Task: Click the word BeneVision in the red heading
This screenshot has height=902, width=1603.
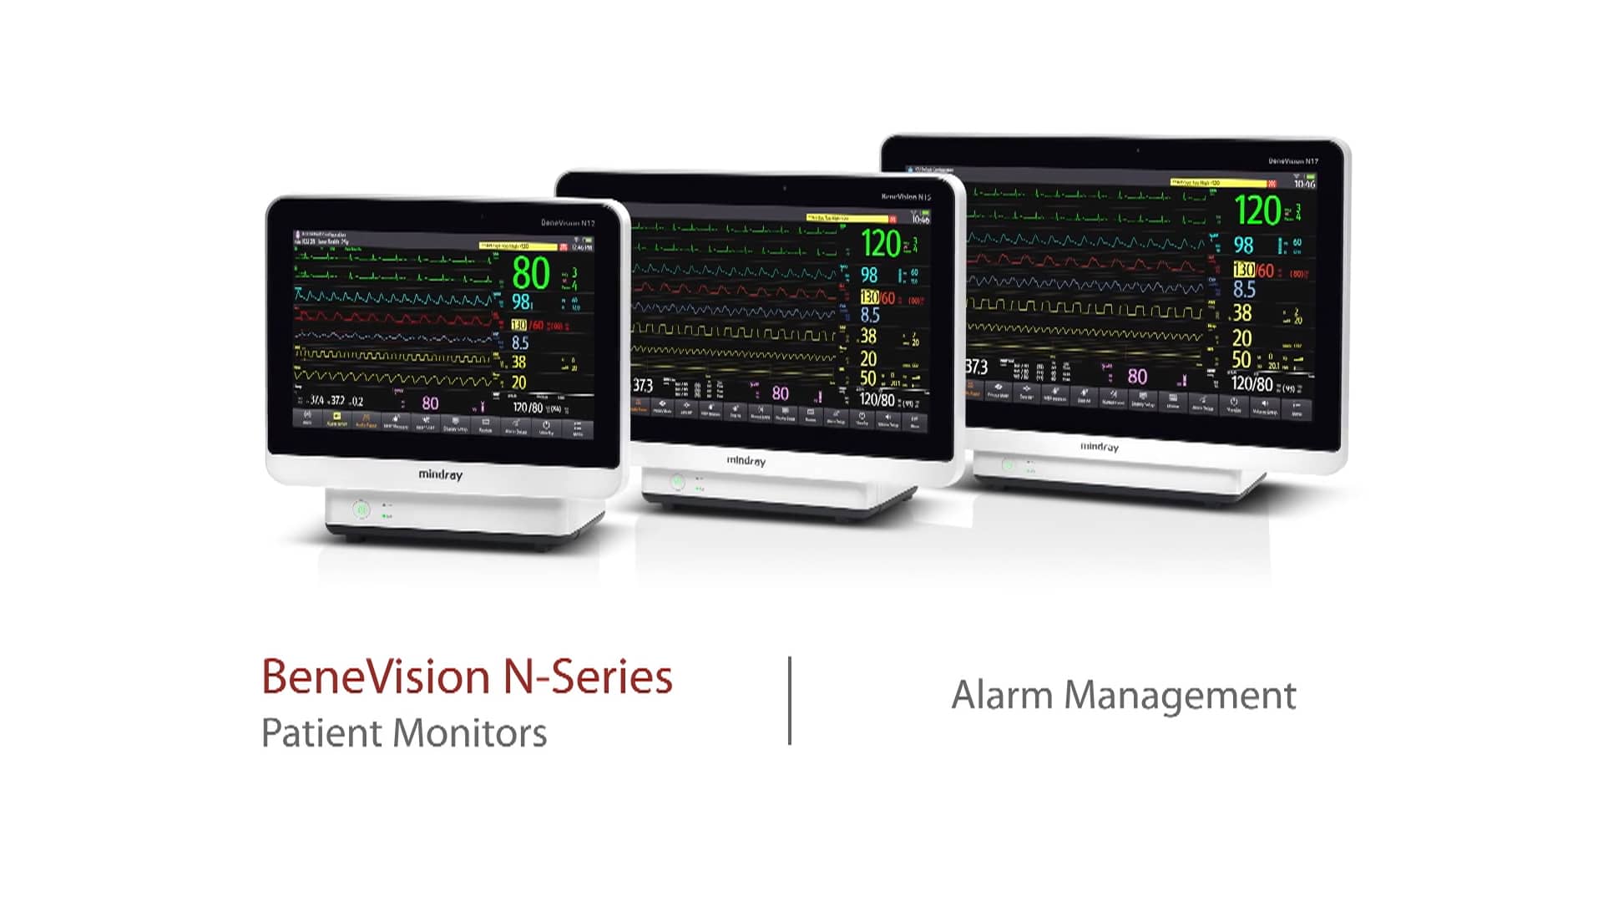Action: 375,676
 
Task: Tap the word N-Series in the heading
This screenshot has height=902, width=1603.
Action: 588,676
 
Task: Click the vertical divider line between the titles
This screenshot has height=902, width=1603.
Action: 790,700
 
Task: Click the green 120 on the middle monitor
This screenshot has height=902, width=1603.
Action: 881,243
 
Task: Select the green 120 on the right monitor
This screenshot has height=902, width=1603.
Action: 1257,210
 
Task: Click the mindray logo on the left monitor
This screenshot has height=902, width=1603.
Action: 440,474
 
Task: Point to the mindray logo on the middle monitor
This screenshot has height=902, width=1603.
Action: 746,460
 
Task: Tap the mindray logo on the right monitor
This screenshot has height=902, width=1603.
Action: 1099,447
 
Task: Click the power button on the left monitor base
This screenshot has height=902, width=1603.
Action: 361,509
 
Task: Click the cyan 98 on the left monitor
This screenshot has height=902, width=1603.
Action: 521,302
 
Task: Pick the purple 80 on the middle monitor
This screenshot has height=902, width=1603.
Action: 780,393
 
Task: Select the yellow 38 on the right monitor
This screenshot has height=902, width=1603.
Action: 1242,312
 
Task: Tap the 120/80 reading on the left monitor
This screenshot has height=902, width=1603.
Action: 528,408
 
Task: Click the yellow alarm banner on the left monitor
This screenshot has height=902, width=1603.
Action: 518,247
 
